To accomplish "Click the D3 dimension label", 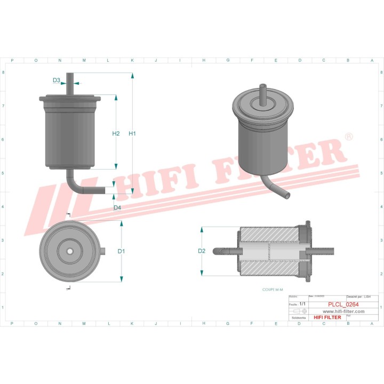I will click(x=57, y=81).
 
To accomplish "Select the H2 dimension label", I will click(x=116, y=133).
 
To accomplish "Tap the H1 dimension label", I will click(x=132, y=133).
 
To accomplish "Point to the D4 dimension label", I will click(x=117, y=207).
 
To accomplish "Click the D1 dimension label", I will click(x=121, y=251).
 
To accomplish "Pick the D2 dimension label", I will click(x=202, y=251).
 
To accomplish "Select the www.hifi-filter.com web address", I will click(x=344, y=311).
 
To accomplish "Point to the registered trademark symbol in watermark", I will click(x=349, y=137).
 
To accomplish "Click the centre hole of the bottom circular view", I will click(x=69, y=251).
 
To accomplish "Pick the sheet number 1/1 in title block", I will click(x=303, y=303).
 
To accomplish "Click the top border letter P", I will click(x=12, y=60).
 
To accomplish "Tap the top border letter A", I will click(x=372, y=60).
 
